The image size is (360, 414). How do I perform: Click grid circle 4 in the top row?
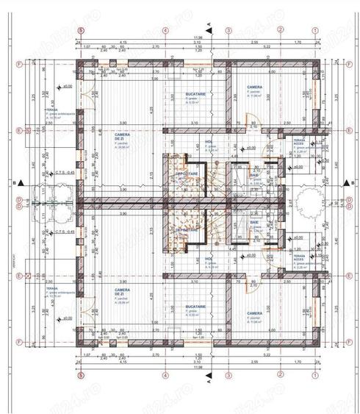pyautogui.click(x=166, y=30)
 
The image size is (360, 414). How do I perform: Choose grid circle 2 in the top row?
pyautogui.click(x=281, y=30)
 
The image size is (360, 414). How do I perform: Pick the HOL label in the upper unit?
pyautogui.click(x=208, y=142)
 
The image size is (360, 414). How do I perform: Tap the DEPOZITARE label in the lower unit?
pyautogui.click(x=184, y=229)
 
